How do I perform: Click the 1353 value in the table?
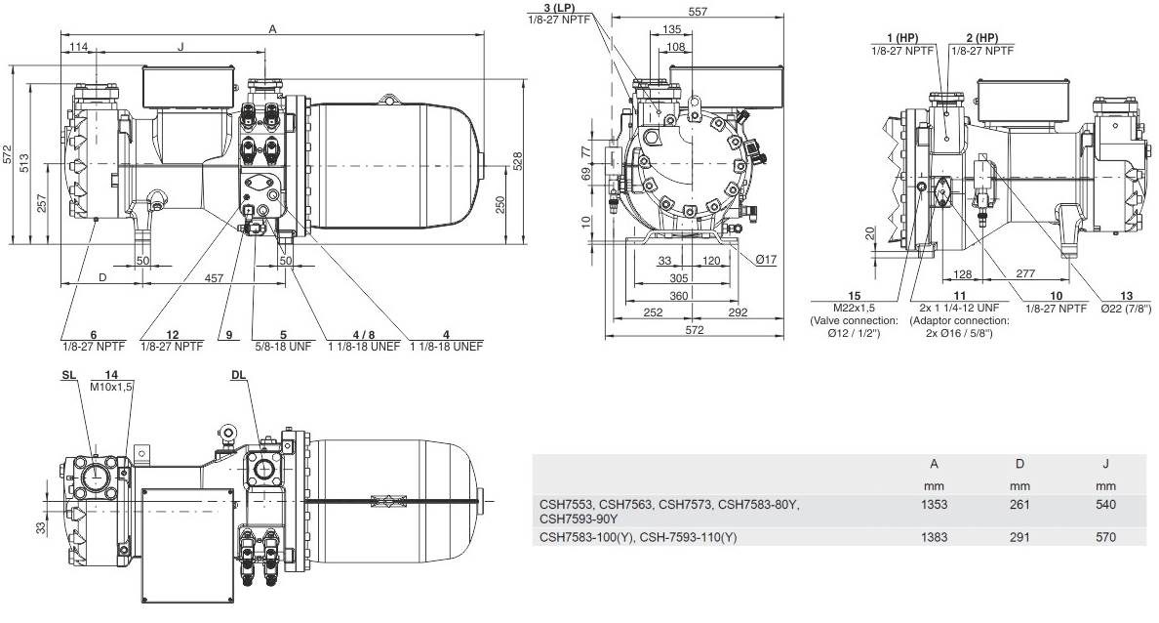[934, 505]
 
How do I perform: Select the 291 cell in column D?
[1019, 537]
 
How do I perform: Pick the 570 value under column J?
[1105, 537]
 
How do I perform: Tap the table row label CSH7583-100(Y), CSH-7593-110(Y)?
[638, 537]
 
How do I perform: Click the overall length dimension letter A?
[273, 29]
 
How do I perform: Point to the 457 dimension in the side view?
[214, 278]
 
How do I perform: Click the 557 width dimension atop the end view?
[697, 11]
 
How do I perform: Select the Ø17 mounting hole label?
[766, 259]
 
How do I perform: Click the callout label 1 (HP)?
[901, 38]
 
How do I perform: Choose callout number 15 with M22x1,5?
[854, 296]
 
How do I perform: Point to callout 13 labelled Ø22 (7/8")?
[1126, 296]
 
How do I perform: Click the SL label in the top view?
[68, 375]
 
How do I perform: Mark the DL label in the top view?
[238, 375]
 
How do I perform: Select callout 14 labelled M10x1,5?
[111, 375]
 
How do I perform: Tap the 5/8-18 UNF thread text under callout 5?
[283, 347]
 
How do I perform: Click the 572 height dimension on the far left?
[8, 154]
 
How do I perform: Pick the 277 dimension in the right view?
[1025, 273]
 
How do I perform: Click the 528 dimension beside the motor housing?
[517, 162]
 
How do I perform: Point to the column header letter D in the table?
[1020, 464]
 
